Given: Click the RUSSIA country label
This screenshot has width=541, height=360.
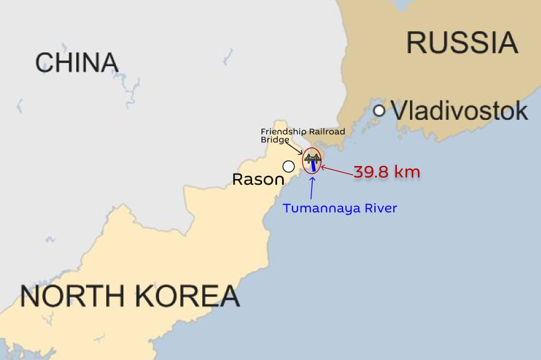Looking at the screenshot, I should coord(462,42).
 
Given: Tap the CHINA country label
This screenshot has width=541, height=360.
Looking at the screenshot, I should coord(77,62).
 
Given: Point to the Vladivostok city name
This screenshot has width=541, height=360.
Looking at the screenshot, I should coord(460,111).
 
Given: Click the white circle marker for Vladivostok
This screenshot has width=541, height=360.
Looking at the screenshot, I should coord(379,111).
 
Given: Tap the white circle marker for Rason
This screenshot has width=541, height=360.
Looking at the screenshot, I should coord(288,166).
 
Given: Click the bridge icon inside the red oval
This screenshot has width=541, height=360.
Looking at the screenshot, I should coord(312,159).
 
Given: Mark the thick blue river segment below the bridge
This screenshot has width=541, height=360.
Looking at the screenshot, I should coord(311,167).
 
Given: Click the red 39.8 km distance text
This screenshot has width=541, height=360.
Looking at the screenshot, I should coord(387,172).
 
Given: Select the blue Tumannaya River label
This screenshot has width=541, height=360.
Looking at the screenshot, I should coord(339,208).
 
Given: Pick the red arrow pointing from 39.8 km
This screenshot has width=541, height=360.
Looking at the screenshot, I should coord(336,168).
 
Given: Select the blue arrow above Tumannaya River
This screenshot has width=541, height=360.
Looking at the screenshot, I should coord(311,188).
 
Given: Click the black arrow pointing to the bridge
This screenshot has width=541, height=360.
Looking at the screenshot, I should coord(295,147).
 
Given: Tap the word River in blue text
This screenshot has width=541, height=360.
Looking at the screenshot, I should coord(380,208).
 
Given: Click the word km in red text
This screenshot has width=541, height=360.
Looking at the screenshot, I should coord(407,172).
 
